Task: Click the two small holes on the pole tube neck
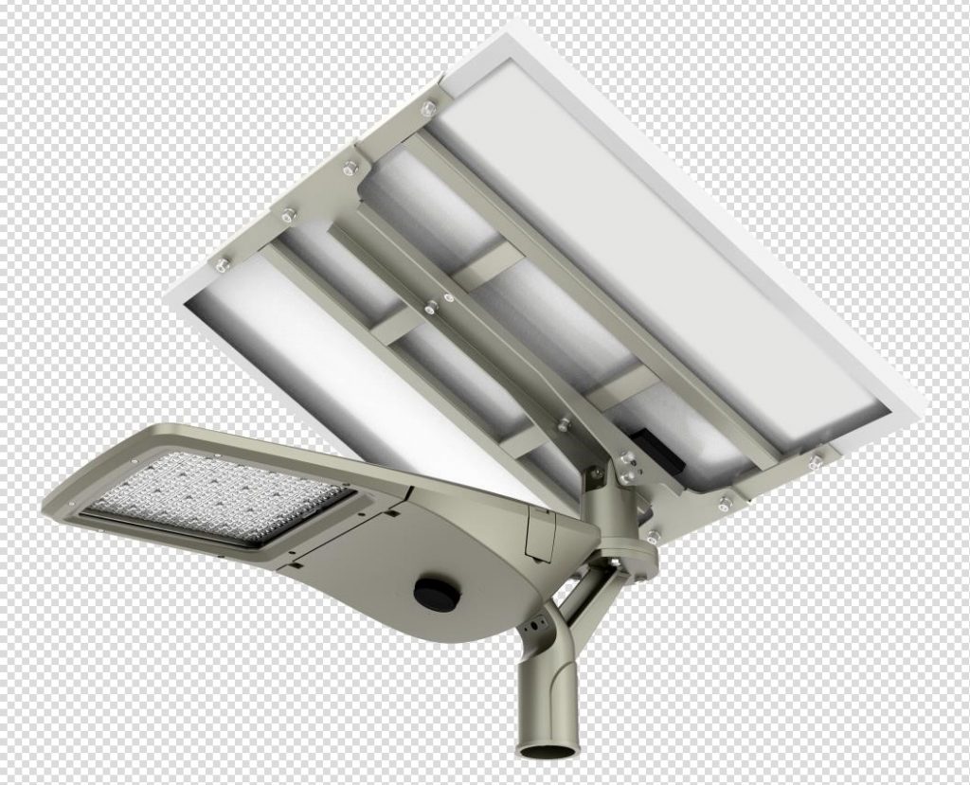[x=535, y=626]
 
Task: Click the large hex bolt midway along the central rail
[x=431, y=306]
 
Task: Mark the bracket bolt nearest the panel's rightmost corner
[x=815, y=462]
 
